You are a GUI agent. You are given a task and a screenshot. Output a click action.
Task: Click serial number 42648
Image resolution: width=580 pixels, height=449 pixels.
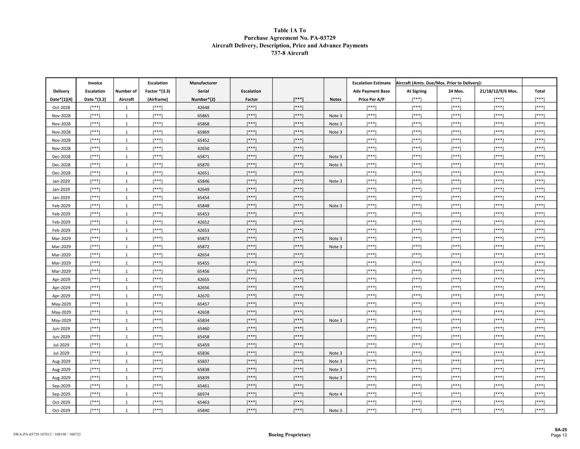tap(203, 108)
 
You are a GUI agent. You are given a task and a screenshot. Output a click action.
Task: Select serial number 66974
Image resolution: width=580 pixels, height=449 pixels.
tap(203, 394)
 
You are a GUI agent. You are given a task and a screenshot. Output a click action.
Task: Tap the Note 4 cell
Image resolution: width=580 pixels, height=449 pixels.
tap(335, 394)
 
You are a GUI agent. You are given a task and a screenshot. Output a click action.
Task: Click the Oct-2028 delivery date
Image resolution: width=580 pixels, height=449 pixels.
tap(61, 108)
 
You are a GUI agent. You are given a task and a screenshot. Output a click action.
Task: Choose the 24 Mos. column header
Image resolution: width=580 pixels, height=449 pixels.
tap(456, 91)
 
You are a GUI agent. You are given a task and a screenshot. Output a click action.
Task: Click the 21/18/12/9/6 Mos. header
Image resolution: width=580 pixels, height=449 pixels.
tap(498, 91)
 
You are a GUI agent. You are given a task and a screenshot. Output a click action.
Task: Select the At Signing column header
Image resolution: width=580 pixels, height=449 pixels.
tap(416, 91)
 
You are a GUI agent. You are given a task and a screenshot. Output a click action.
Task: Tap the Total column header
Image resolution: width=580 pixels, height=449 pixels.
tap(540, 91)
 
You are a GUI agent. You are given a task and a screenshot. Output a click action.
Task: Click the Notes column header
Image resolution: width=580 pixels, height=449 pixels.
tap(335, 99)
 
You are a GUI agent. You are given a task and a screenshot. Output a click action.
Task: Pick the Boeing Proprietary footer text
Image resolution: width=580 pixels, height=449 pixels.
tap(289, 435)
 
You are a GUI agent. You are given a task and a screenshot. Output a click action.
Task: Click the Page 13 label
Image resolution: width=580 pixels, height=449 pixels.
tap(558, 435)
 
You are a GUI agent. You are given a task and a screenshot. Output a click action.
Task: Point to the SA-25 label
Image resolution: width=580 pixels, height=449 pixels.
tap(560, 430)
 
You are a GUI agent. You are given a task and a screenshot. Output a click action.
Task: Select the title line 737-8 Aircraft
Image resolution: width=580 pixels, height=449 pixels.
tap(289, 53)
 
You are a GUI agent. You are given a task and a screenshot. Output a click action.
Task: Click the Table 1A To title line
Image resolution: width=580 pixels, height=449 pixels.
tap(289, 30)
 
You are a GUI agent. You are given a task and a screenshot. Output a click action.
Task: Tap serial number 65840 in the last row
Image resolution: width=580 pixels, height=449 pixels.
tap(203, 411)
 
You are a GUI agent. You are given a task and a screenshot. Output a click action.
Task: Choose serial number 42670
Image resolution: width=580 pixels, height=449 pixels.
tap(203, 296)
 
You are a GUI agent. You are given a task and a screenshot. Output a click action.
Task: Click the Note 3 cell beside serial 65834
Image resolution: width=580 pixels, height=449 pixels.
tap(335, 320)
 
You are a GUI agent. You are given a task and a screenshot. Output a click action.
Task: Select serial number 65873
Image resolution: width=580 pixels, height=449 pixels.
tap(203, 239)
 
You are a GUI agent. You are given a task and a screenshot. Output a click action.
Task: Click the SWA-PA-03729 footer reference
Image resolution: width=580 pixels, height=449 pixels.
tap(47, 435)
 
